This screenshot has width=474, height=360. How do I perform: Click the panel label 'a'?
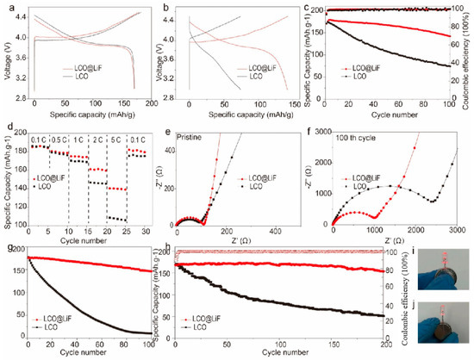coord(7,7)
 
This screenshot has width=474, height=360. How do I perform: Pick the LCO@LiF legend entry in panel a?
coord(99,65)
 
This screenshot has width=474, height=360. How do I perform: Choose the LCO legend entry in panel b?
coord(250,75)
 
